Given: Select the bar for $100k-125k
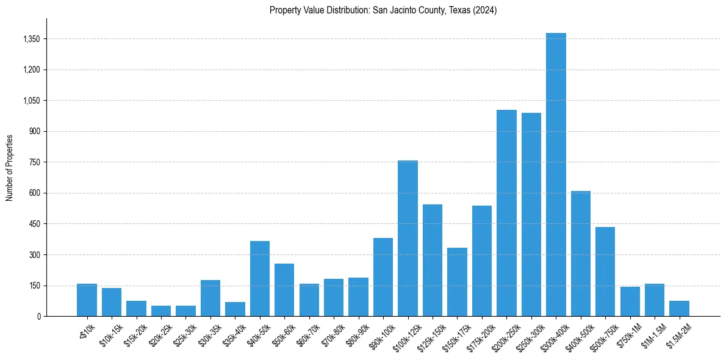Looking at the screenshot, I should coord(408,238).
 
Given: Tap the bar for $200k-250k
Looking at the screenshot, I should coord(506,213).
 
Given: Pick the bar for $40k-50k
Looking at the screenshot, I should coord(260,278).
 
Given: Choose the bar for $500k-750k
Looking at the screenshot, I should coord(605,272).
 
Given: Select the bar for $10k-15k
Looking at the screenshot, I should coord(112,302).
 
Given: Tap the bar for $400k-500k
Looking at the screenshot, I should coord(580,253).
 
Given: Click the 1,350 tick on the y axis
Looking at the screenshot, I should coord(31,39).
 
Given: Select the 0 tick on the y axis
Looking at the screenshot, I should coord(38,316).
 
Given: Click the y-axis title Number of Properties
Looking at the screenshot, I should coord(10,167).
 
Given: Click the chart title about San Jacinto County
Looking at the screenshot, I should coord(383,10).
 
